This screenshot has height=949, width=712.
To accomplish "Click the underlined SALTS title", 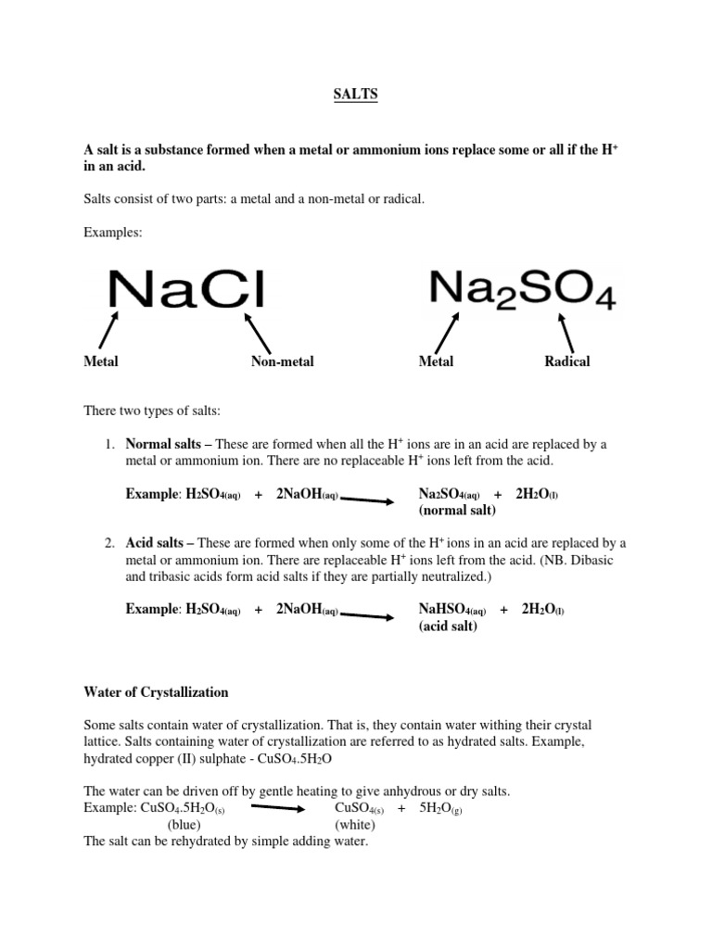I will click(x=356, y=95).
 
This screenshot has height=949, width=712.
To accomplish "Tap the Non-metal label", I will click(x=282, y=361).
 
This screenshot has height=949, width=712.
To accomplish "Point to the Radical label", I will click(x=566, y=361).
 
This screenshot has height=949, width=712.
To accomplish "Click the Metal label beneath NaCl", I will click(x=101, y=361).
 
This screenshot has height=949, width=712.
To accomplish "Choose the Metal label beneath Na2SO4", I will click(x=436, y=361).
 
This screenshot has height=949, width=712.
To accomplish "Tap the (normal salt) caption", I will click(x=457, y=511).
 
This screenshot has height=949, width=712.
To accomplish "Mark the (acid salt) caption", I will click(x=448, y=626).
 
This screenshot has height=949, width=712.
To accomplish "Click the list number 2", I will click(x=110, y=543).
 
